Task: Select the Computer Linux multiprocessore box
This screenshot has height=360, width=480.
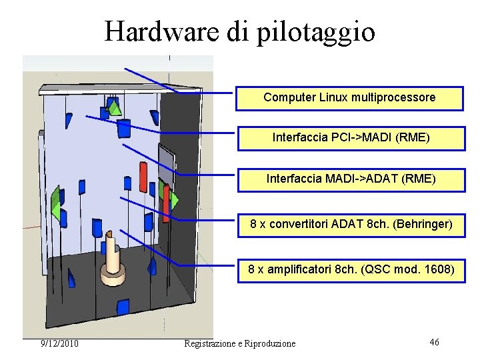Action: (349, 97)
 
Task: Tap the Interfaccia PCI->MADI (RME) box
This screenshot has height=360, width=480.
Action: (351, 138)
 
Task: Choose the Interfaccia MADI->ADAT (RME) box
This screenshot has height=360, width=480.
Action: (351, 179)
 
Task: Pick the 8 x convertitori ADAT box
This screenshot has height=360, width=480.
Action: (351, 225)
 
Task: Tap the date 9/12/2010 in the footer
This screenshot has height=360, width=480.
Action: (60, 343)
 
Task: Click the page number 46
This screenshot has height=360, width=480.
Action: (434, 342)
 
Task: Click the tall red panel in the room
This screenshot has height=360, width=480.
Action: (143, 177)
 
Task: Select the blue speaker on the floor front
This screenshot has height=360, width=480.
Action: (122, 307)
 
